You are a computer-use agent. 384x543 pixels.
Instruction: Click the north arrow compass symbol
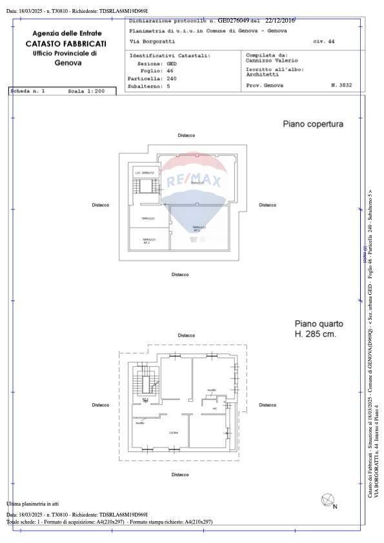(x=328, y=499)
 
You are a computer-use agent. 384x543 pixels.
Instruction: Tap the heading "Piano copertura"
(x=313, y=124)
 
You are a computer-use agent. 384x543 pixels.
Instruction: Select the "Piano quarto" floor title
(x=319, y=324)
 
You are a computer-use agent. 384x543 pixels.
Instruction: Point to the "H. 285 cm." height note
(x=316, y=335)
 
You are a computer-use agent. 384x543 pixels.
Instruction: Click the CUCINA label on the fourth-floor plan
(x=174, y=433)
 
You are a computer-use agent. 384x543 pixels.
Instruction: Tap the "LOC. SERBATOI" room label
(x=144, y=173)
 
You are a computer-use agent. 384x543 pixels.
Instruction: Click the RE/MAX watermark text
(x=194, y=181)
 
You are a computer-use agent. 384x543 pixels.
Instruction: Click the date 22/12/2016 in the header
(x=280, y=21)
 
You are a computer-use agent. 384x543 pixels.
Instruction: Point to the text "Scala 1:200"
(x=86, y=92)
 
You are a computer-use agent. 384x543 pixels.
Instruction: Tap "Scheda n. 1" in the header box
(x=28, y=92)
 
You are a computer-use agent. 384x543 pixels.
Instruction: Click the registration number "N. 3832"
(x=341, y=85)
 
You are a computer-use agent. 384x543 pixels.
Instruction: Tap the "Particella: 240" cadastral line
(x=148, y=78)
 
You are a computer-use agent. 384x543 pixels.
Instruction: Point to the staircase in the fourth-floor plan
(x=148, y=382)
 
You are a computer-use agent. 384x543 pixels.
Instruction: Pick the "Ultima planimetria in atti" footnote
(x=33, y=503)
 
